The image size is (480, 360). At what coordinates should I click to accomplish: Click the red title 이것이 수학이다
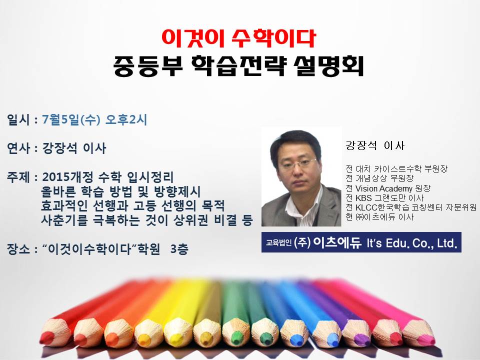pos(239,38)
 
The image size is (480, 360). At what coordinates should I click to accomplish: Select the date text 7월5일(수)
pos(71,119)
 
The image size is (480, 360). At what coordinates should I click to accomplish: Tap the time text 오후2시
pos(126,119)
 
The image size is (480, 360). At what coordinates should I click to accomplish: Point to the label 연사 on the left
pos(18,148)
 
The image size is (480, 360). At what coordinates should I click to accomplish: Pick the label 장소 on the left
pos(18,249)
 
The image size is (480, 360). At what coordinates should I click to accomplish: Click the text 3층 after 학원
pos(179,249)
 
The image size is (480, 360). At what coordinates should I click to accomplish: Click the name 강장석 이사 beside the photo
pos(375,145)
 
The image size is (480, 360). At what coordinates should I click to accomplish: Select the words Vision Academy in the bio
pos(384,188)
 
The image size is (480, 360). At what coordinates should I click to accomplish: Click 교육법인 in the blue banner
pos(278,243)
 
